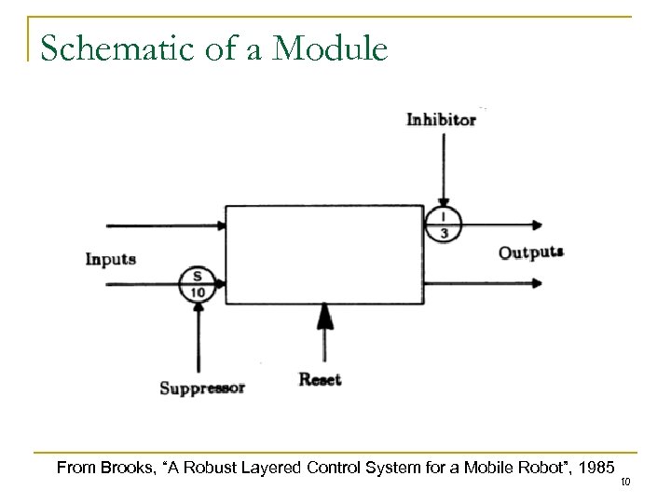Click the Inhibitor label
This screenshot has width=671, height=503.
pos(442,119)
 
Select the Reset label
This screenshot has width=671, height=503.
pos(321,379)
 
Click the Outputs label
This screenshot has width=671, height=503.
pos(531,252)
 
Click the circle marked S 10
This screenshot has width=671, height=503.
pos(198,284)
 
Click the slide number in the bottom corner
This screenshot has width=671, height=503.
pos(652,483)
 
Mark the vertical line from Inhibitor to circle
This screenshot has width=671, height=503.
pos(444,168)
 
